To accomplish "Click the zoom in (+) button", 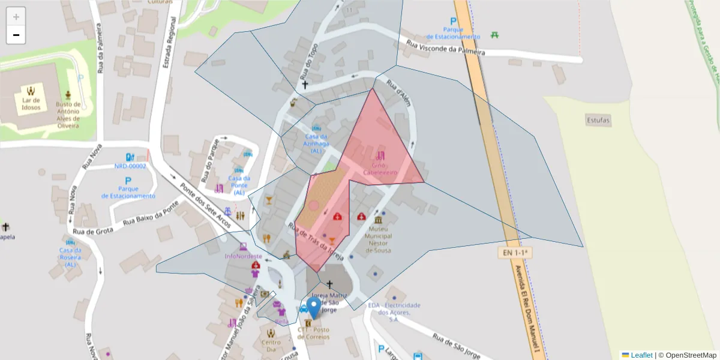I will pyautogui.click(x=16, y=16).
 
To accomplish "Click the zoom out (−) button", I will pyautogui.click(x=16, y=35).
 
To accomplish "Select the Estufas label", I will pyautogui.click(x=598, y=121).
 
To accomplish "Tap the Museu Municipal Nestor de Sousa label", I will pyautogui.click(x=378, y=239).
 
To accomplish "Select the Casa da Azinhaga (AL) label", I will pyautogui.click(x=316, y=143).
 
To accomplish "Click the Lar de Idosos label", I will pyautogui.click(x=31, y=104).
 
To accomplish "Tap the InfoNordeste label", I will pyautogui.click(x=243, y=256).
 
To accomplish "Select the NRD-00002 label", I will pyautogui.click(x=130, y=166).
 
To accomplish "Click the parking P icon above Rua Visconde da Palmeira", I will pyautogui.click(x=454, y=22).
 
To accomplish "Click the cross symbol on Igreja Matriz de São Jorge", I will pyautogui.click(x=329, y=284).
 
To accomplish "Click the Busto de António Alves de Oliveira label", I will pyautogui.click(x=68, y=111).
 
